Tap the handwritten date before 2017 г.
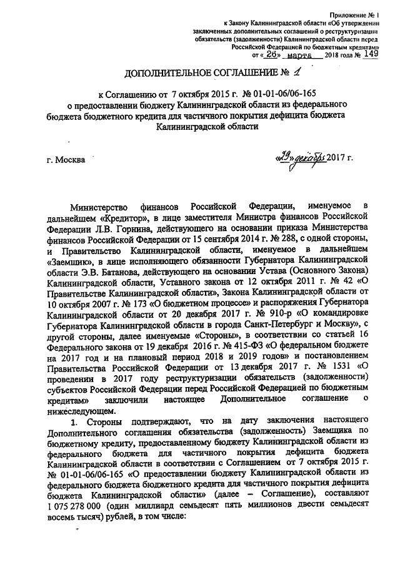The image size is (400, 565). tap(302, 156)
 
